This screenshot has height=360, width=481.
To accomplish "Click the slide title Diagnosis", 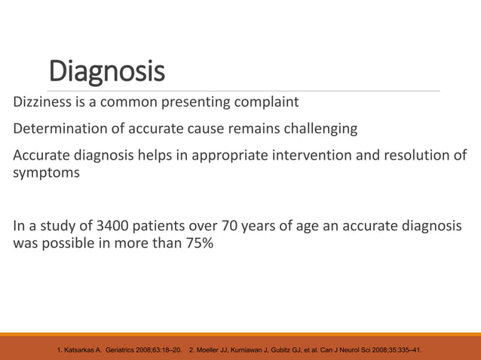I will pos(106,72).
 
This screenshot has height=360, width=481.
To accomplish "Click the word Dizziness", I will pos(42,102).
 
